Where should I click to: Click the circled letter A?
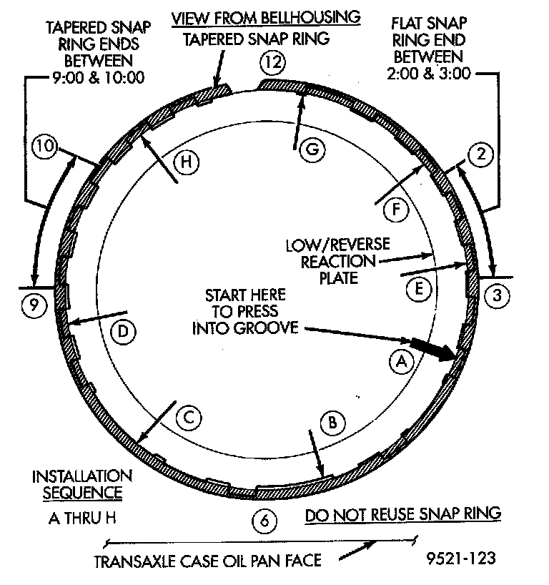coord(401,362)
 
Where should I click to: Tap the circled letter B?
coord(331,422)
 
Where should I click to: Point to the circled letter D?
coord(123,332)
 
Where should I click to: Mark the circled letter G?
coord(312,149)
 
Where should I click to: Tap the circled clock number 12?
coord(272,63)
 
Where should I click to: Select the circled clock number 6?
coord(264,521)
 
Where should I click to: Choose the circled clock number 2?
coord(480,153)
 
